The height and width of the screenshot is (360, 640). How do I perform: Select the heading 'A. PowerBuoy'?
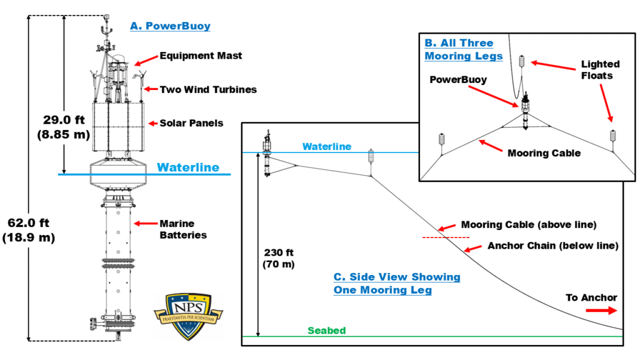click(170, 26)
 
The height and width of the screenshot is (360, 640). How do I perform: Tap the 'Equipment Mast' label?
click(201, 56)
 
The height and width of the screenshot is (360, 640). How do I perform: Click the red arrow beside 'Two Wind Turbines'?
click(151, 89)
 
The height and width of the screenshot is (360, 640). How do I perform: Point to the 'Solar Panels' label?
click(191, 123)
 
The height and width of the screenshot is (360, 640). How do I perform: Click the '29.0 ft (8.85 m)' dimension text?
click(64, 127)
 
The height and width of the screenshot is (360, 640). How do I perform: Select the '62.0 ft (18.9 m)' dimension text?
click(29, 230)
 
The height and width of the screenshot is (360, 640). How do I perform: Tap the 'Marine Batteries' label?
click(183, 229)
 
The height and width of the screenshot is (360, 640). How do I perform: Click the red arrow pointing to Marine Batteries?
click(146, 223)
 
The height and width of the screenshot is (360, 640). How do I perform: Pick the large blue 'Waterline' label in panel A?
click(188, 167)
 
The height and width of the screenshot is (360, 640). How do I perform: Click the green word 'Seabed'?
click(326, 331)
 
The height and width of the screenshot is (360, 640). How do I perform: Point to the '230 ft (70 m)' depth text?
click(278, 258)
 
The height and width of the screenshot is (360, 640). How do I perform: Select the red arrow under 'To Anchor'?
click(601, 311)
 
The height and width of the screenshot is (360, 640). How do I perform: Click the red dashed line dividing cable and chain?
click(446, 237)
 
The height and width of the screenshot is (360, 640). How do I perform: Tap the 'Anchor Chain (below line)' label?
click(553, 246)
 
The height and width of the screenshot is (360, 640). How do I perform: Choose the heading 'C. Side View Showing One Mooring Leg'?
click(397, 283)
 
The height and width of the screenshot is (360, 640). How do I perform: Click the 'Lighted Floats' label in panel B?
click(600, 70)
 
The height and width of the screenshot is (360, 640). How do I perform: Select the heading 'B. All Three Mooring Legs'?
click(464, 49)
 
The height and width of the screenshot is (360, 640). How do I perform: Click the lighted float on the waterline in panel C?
click(371, 156)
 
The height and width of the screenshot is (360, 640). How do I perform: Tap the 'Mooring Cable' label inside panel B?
click(544, 153)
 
